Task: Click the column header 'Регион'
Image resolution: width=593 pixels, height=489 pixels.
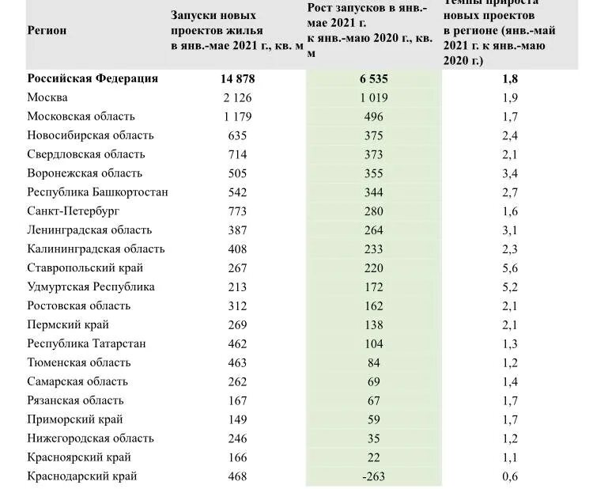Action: coord(47,31)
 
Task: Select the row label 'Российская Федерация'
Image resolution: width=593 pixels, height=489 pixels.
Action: coord(93,78)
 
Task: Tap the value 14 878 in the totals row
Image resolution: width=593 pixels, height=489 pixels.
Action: coord(237,78)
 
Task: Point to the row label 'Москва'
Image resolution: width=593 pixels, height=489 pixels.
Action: coord(47,97)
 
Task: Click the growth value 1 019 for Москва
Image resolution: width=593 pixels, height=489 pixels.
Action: coord(374,97)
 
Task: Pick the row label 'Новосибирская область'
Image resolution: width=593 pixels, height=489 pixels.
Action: coord(90,135)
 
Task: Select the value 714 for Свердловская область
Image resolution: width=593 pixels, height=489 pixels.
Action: coord(237,154)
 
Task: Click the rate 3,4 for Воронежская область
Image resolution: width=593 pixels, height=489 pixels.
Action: coord(510,173)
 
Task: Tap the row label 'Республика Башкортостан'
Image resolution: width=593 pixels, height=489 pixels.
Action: coord(97,192)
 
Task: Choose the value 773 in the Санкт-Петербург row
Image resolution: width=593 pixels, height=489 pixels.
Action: coord(237,211)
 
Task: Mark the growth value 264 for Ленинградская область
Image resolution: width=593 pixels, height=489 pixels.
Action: coord(374,230)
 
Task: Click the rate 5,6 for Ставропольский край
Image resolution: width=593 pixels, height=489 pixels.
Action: coord(510,268)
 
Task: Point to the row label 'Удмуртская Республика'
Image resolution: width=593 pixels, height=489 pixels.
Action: coord(91,286)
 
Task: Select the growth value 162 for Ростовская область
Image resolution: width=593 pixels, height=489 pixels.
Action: coord(374,305)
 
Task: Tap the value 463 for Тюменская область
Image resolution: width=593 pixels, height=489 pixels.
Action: coord(237,362)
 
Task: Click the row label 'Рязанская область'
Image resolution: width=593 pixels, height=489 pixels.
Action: coord(75,400)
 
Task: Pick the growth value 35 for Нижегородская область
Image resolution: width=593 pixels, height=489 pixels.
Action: coord(374,438)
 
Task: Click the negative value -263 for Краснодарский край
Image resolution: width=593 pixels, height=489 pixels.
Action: coord(374,476)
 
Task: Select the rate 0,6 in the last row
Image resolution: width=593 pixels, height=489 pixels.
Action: coord(510,476)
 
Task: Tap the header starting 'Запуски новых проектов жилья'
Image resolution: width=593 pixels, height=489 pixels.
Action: coord(236,31)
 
